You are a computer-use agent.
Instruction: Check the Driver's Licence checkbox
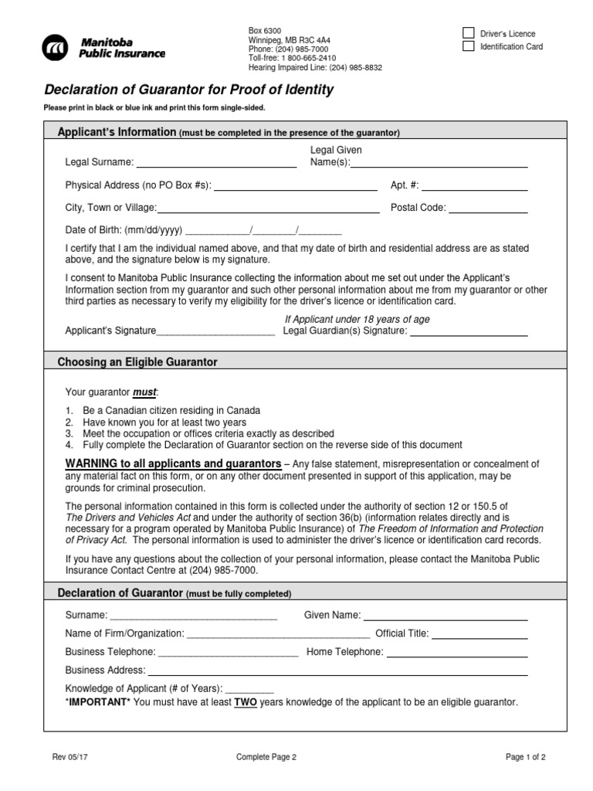pos(468,33)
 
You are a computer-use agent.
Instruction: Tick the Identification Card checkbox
pos(468,46)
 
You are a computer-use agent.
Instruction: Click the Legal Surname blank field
pos(216,163)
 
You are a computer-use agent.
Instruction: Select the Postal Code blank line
pos(488,209)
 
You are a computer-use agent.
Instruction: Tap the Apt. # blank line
pos(474,186)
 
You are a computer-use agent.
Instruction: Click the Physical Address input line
pos(296,186)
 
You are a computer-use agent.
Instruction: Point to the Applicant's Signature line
pos(215,332)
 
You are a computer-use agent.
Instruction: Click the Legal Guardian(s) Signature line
pos(468,332)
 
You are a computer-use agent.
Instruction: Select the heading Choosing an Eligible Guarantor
pos(137,362)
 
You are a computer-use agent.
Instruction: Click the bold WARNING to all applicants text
pos(173,463)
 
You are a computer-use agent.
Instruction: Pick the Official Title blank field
pos(479,634)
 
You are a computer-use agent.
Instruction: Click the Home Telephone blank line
pos(457,653)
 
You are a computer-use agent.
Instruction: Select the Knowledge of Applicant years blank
pos(249,689)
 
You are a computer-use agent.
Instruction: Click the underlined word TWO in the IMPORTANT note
pos(245,702)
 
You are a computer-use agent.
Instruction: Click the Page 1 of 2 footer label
pos(526,758)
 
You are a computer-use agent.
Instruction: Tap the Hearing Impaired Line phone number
pos(356,67)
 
